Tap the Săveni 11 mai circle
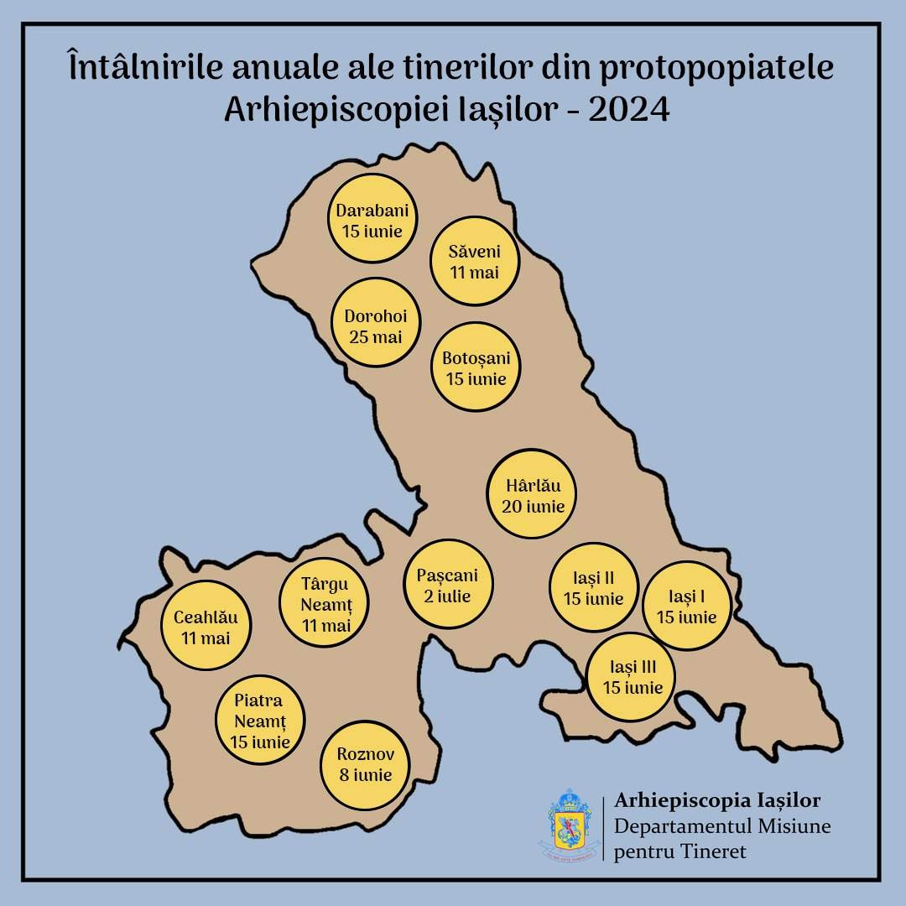pos(474,261)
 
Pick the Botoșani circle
pos(476,367)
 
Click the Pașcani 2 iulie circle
pos(447,585)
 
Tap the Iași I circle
pos(686,606)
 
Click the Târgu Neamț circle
pos(324,604)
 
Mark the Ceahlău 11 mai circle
pos(206,627)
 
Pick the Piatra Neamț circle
pos(259,721)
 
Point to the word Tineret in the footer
pos(713,852)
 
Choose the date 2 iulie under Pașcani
pos(447,596)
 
